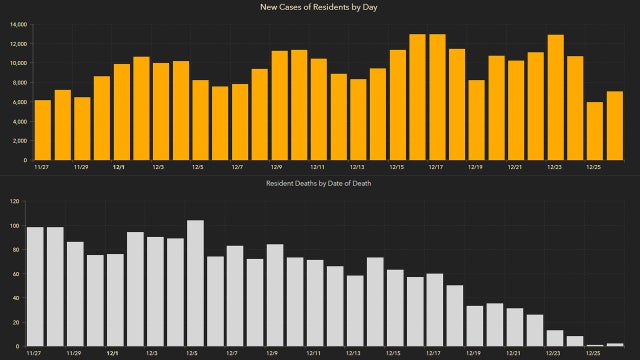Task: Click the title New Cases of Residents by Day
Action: click(x=320, y=7)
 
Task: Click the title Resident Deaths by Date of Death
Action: click(x=320, y=185)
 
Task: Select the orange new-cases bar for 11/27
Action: click(x=42, y=130)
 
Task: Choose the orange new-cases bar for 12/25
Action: click(x=595, y=131)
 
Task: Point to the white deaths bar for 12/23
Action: click(x=555, y=338)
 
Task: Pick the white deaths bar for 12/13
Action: click(x=355, y=310)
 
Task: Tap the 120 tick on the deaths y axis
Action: click(x=13, y=201)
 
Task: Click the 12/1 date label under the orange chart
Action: click(x=118, y=167)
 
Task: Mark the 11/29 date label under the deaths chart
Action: click(x=75, y=353)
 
